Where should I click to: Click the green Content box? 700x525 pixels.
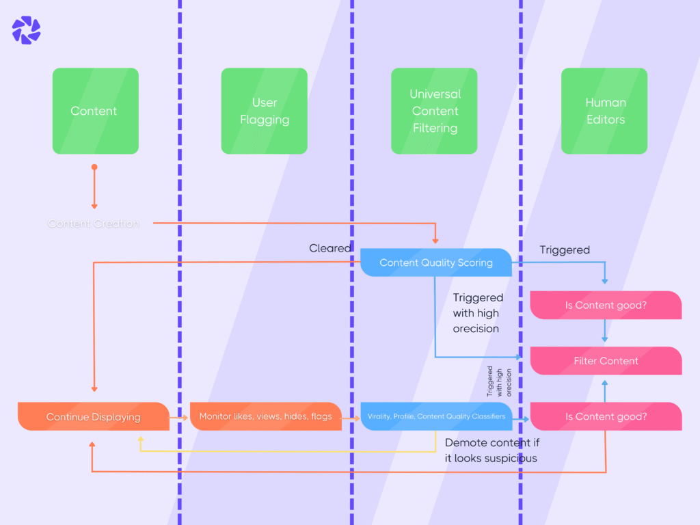coord(95,111)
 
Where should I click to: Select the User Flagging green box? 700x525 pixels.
coord(264,111)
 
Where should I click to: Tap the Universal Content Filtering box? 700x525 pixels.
coord(434,111)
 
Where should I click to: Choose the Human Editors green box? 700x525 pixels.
coord(604,111)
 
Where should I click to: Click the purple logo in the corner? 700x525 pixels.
coord(26,30)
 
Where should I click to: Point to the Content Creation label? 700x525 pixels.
coord(94,224)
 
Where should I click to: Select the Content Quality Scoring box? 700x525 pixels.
coord(435,262)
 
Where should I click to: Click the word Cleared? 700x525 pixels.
coord(330,248)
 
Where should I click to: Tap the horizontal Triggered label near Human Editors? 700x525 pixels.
coord(565,250)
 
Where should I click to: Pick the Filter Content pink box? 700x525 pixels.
coord(606,361)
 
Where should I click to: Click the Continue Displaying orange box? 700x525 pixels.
coord(93,416)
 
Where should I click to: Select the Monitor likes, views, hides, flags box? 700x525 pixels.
coord(265,416)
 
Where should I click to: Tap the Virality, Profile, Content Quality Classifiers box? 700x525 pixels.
coord(436,416)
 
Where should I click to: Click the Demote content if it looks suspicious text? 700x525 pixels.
coord(492,450)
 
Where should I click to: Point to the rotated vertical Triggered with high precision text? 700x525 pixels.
coord(500,381)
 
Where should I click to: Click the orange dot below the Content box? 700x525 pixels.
coord(94,167)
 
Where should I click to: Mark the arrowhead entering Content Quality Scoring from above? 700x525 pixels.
coord(435,241)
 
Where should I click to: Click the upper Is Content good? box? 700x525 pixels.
coord(606,305)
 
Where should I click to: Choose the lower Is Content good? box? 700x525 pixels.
coord(606,416)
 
